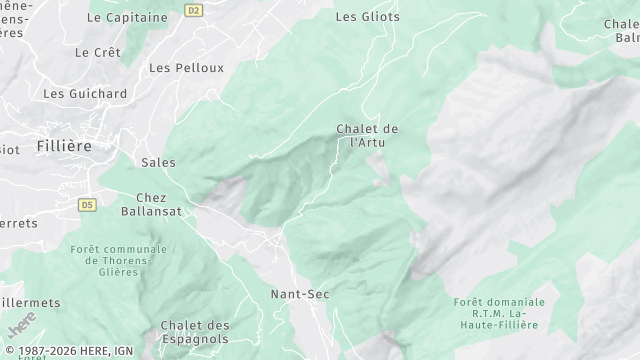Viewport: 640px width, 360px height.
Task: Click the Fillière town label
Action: tap(63, 146)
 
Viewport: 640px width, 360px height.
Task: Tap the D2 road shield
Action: tap(194, 10)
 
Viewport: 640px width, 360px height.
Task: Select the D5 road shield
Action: tap(87, 204)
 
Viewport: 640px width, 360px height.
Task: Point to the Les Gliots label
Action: tap(367, 17)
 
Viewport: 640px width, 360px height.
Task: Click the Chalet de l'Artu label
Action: tap(367, 136)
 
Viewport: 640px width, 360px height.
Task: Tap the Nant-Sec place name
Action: tap(300, 294)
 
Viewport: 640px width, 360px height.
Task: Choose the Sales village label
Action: tap(158, 163)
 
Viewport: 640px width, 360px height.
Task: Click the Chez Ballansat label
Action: tap(151, 205)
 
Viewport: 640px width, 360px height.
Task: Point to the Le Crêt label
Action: tap(97, 51)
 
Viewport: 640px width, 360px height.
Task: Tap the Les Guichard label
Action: tap(85, 93)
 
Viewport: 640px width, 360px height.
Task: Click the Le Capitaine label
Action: tap(126, 17)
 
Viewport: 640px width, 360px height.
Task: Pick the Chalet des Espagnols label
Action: tap(195, 333)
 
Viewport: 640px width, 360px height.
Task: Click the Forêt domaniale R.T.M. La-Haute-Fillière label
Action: tap(499, 313)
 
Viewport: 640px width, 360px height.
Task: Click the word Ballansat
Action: tap(151, 212)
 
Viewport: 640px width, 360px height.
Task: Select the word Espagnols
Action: tap(195, 340)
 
